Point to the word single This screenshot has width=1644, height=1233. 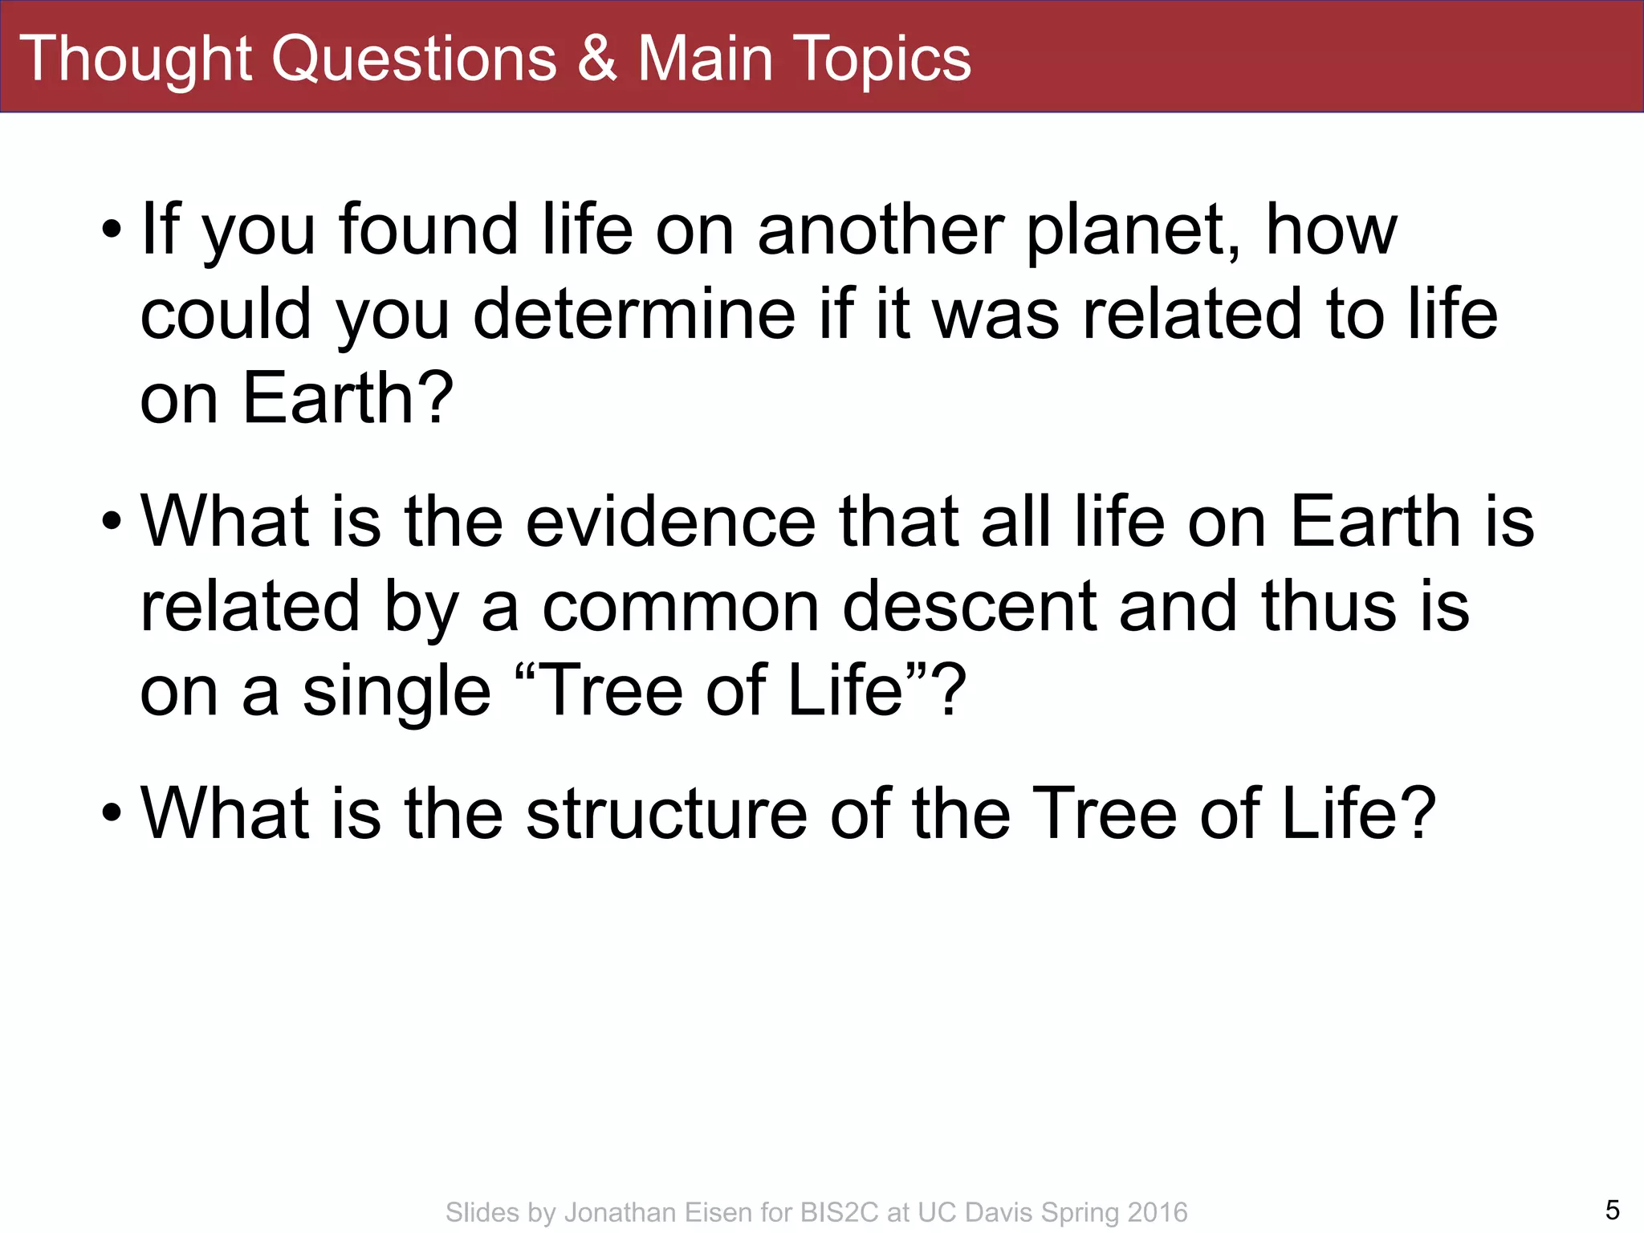click(x=397, y=692)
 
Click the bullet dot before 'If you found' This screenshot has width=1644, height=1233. click(x=112, y=231)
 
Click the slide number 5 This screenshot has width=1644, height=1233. click(x=1612, y=1210)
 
